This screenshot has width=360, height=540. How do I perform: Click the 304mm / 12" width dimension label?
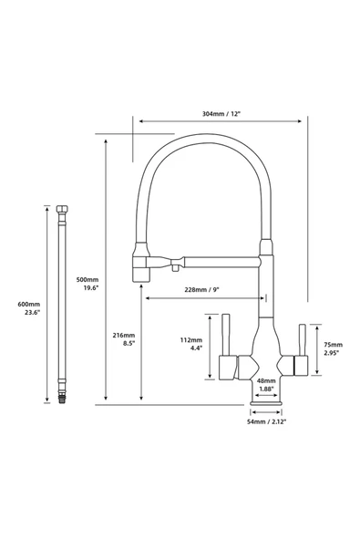pyautogui.click(x=221, y=114)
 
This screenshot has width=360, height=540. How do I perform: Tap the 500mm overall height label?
pyautogui.click(x=87, y=280)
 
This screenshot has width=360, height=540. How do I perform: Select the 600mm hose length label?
pyautogui.click(x=29, y=304)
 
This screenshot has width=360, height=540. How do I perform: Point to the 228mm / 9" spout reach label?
pyautogui.click(x=201, y=290)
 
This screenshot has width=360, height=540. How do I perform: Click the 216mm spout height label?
pyautogui.click(x=124, y=335)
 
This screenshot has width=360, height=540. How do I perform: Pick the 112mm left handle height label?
pyautogui.click(x=191, y=340)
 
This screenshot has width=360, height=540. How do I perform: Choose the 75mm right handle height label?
pyautogui.click(x=334, y=345)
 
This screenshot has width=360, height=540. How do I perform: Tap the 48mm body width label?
pyautogui.click(x=266, y=380)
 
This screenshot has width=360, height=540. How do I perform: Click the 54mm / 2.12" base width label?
pyautogui.click(x=266, y=421)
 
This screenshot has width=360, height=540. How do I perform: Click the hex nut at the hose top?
pyautogui.click(x=62, y=209)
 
